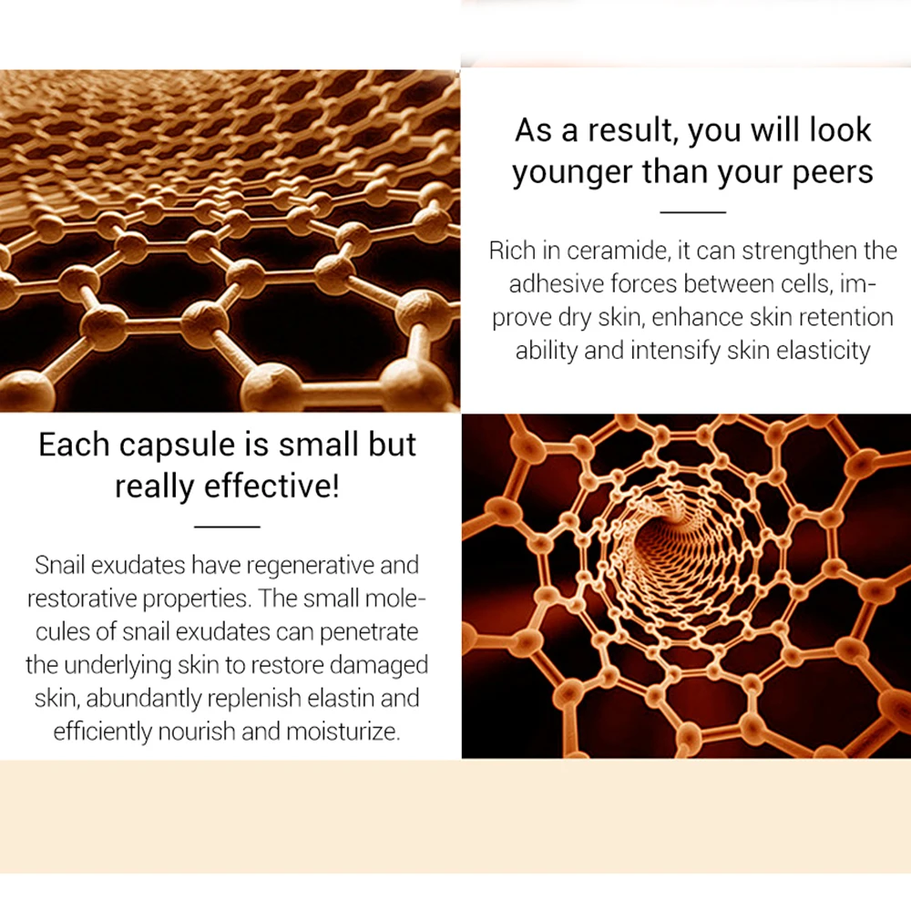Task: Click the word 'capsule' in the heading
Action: click(173, 446)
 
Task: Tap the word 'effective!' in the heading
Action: click(271, 486)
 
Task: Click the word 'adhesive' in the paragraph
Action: click(556, 284)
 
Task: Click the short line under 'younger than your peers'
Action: click(692, 212)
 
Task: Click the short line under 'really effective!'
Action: click(227, 527)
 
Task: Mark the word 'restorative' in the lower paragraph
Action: click(81, 599)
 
